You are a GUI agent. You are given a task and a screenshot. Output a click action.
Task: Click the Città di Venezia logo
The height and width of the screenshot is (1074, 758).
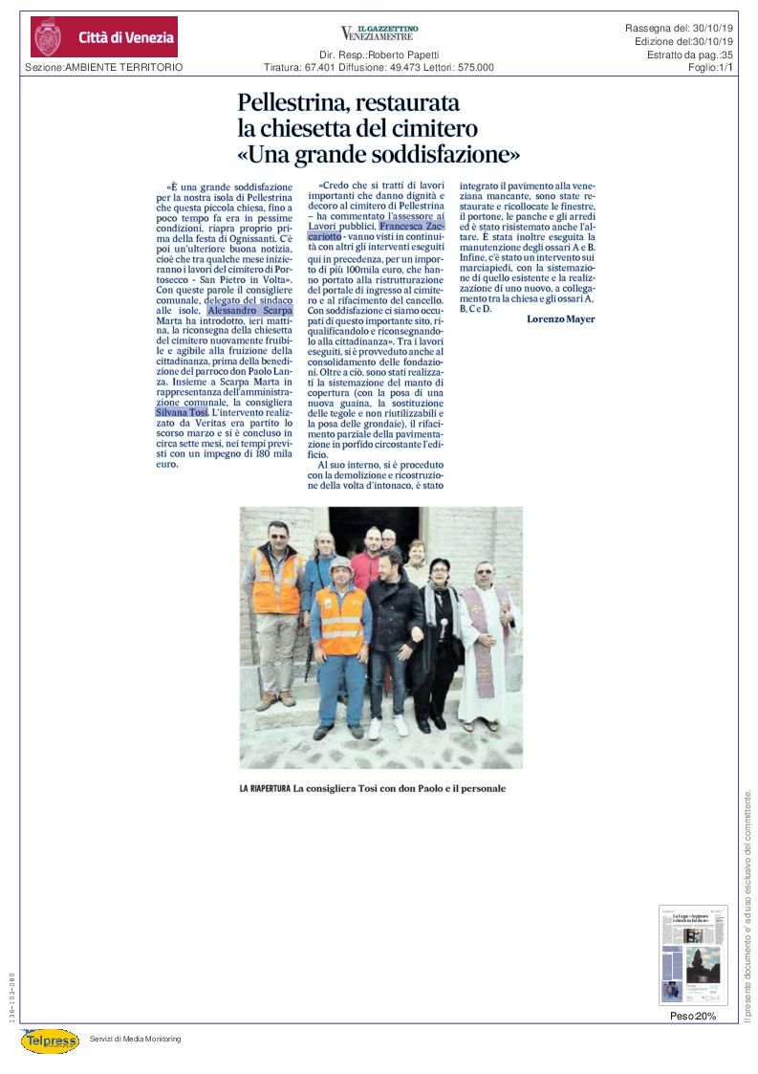tap(103, 37)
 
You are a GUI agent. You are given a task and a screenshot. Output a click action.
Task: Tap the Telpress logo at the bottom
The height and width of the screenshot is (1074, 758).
tap(50, 1041)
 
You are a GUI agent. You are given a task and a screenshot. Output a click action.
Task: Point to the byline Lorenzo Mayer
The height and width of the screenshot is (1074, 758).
tap(560, 318)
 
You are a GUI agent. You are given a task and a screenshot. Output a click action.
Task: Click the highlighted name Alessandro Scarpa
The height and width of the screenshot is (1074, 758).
tap(251, 311)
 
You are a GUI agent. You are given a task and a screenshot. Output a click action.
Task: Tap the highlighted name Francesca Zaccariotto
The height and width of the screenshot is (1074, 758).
tap(412, 227)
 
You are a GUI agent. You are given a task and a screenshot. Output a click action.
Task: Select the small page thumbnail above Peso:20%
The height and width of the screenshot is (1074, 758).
tap(692, 954)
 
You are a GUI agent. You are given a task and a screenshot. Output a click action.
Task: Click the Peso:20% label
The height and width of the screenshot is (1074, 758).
tap(692, 1016)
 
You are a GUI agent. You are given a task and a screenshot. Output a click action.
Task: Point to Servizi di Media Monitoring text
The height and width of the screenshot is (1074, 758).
tap(135, 1039)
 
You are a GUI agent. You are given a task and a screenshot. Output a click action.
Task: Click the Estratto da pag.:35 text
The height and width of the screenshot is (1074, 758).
tap(689, 55)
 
